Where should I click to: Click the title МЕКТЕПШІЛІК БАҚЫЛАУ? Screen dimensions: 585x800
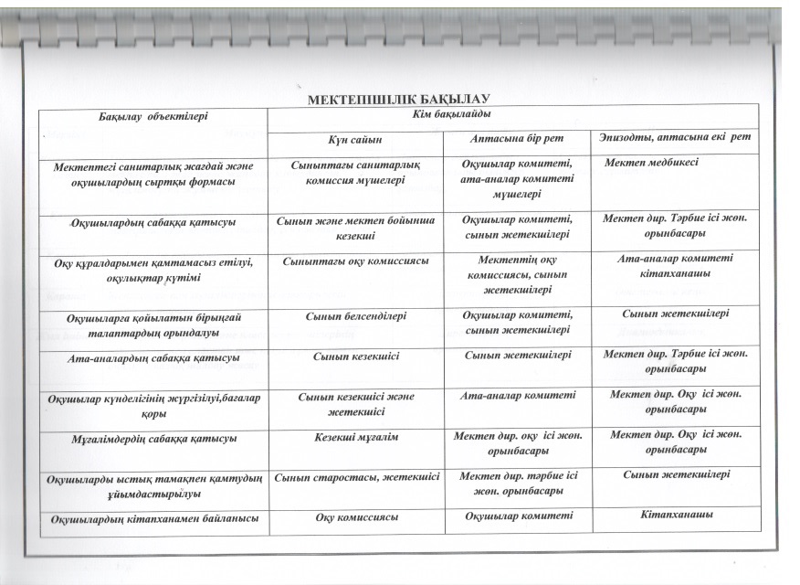[400, 99]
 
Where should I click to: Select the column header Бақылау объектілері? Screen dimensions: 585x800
[154, 116]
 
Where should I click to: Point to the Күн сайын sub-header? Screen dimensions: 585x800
[356, 139]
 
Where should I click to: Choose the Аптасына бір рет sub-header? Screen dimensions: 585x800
[517, 138]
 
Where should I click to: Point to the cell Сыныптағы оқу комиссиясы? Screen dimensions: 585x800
[356, 261]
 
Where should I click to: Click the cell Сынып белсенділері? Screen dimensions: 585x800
[356, 315]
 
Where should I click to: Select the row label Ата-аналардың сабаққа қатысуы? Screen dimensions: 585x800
[154, 358]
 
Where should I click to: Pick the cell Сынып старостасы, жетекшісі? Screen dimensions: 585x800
[357, 476]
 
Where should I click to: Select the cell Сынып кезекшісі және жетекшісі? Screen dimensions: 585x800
[356, 403]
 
